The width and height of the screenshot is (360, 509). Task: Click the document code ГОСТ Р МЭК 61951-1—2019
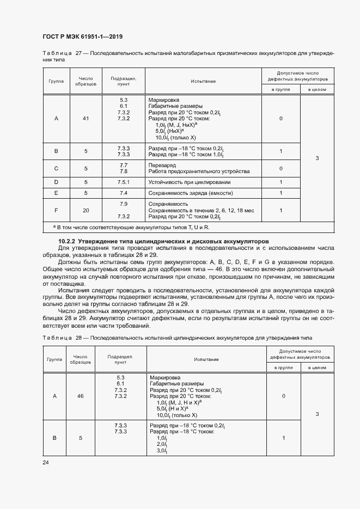(82, 37)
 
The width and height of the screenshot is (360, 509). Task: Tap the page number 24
(46, 462)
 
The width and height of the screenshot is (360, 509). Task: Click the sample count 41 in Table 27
(86, 118)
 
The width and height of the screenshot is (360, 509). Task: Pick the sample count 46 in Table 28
(81, 396)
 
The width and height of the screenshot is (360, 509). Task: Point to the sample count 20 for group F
(86, 210)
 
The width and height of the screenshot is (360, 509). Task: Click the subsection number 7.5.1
(123, 182)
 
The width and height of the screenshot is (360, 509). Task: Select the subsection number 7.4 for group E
(123, 193)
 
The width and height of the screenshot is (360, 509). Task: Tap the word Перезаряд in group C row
(162, 164)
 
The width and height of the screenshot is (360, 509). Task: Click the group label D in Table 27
(57, 182)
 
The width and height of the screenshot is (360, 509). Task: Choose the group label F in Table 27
(57, 210)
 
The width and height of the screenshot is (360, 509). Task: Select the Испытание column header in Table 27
(203, 81)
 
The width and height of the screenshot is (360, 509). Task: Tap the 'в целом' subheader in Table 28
(317, 367)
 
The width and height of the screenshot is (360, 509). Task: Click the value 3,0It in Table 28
(161, 451)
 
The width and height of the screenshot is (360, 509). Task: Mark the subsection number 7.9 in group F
(123, 204)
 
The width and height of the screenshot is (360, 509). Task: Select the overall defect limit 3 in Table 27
(317, 158)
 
